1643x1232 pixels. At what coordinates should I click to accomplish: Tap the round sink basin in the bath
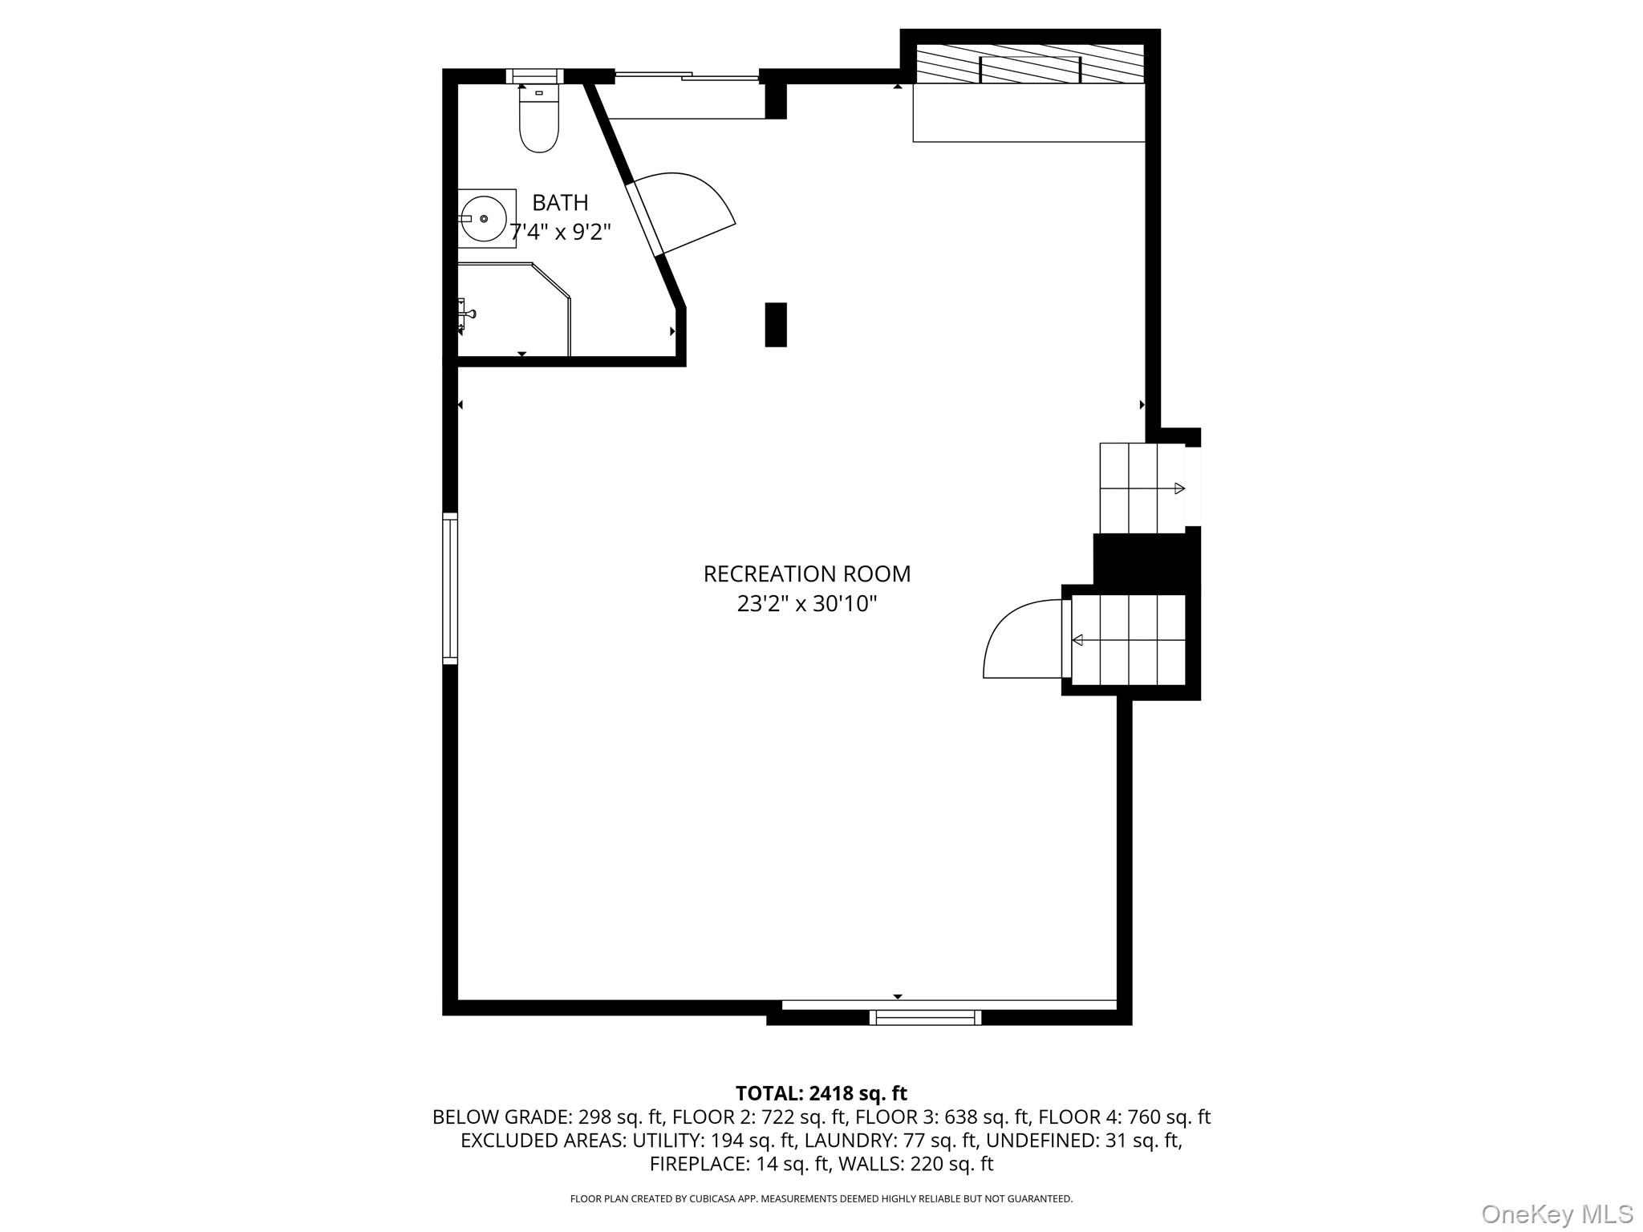(483, 218)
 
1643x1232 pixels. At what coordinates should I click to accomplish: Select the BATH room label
(560, 202)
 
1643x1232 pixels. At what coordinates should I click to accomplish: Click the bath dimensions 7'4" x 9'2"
(561, 233)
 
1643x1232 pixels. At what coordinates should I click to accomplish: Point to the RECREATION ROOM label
(806, 574)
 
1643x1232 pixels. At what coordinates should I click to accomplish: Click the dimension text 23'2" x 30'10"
(806, 604)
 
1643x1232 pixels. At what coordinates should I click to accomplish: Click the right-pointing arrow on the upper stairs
(1178, 488)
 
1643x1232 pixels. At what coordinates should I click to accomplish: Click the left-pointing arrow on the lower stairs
(1078, 640)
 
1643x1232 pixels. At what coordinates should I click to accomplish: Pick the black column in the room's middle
(776, 325)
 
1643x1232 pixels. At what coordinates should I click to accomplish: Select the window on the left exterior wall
(450, 588)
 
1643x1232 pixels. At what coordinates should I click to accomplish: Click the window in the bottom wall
(925, 1017)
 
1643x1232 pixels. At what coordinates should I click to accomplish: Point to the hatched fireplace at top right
(1029, 63)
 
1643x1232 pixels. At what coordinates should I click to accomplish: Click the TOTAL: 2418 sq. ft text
(821, 1093)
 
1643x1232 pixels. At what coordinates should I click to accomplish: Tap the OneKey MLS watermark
(1556, 1214)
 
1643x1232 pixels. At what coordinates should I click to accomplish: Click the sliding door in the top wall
(687, 76)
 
